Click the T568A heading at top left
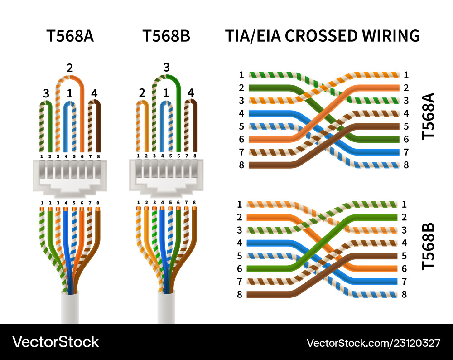[x=70, y=36]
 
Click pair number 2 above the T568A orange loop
[x=69, y=68]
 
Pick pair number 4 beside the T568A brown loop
[x=94, y=93]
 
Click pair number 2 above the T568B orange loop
[x=142, y=93]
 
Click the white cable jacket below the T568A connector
[x=71, y=308]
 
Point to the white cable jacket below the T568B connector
[x=167, y=308]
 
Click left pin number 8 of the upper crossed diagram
[x=241, y=165]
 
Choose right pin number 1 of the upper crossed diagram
[x=406, y=75]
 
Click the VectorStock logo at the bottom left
[x=56, y=342]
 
